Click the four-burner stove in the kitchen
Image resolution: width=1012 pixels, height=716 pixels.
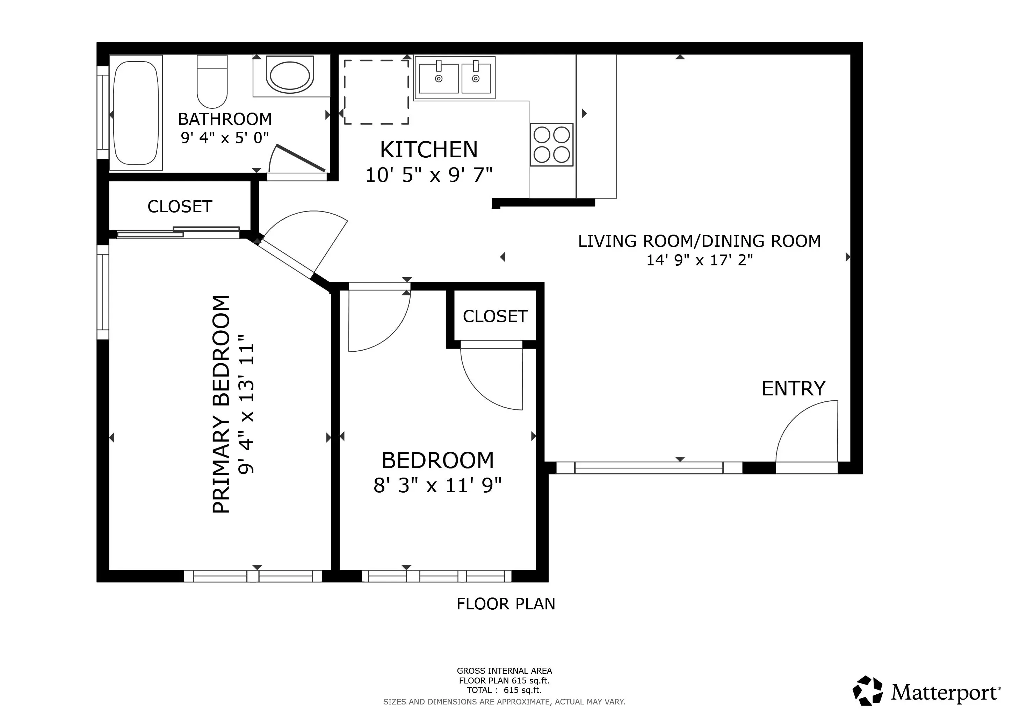click(x=551, y=145)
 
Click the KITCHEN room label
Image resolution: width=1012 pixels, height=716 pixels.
click(x=429, y=150)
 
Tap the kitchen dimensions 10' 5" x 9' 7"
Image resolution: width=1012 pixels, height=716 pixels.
click(x=429, y=175)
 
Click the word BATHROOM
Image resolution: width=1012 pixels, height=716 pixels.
click(x=225, y=119)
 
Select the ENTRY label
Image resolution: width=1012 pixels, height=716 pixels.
click(x=793, y=389)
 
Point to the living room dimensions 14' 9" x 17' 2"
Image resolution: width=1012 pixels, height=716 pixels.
click(x=700, y=260)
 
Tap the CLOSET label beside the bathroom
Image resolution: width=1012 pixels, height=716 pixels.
click(x=180, y=207)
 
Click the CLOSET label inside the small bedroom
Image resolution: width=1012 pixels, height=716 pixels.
click(x=495, y=316)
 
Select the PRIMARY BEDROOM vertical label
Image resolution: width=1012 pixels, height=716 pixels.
click(x=221, y=404)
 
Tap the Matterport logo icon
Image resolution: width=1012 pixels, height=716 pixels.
click(x=867, y=691)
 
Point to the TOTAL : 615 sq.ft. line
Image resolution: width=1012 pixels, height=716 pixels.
click(x=504, y=690)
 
